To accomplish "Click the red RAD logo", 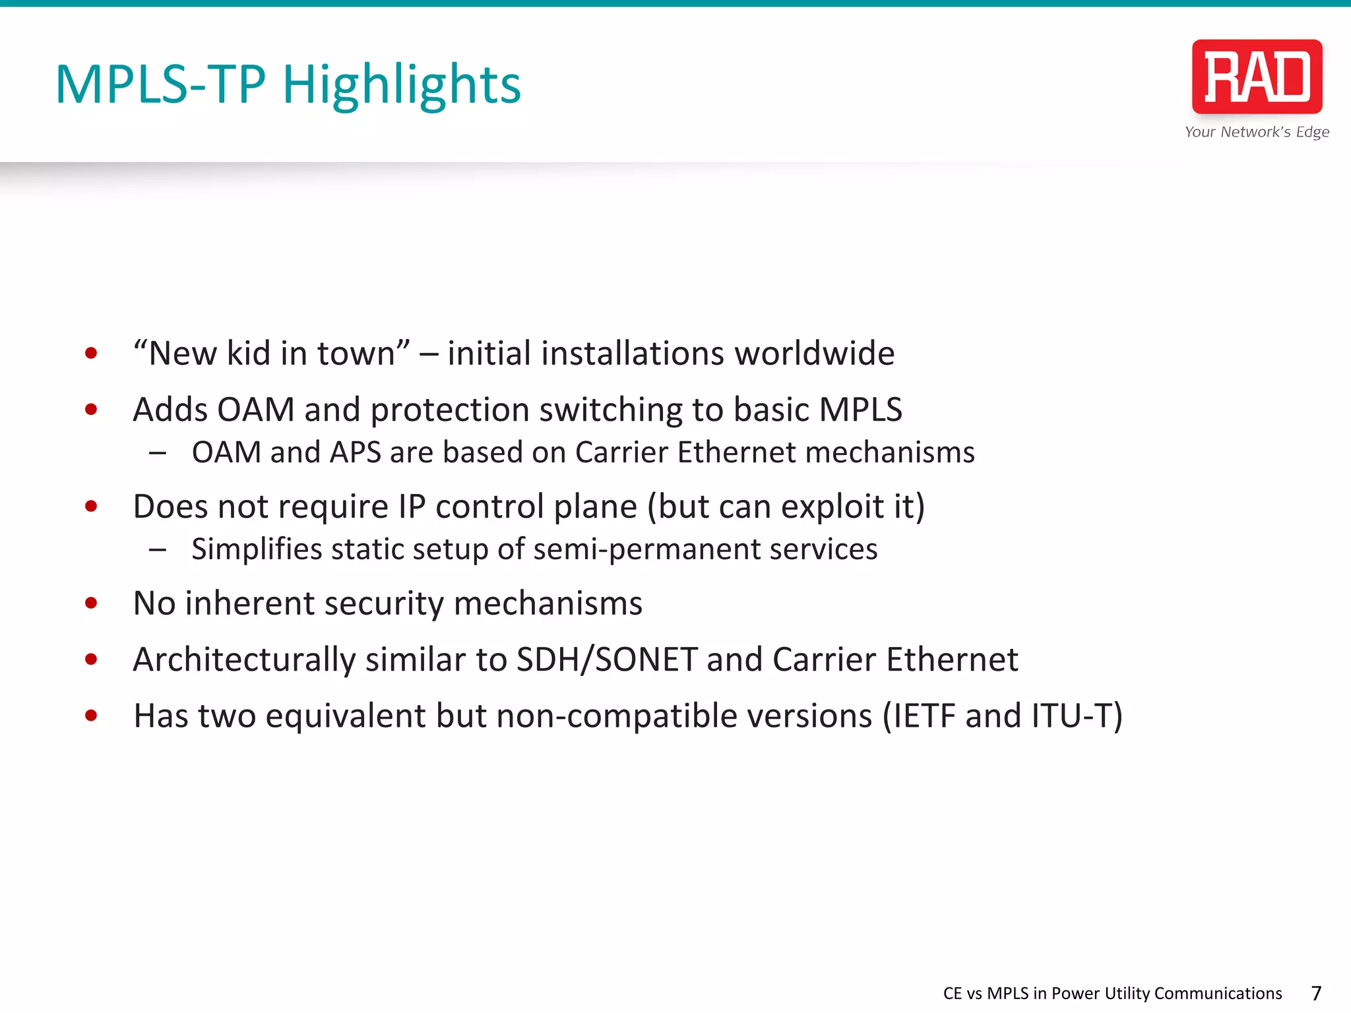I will click(1257, 77).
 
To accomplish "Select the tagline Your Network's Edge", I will click(1257, 132).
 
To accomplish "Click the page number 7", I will click(1316, 993).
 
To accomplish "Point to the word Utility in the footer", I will click(1125, 993).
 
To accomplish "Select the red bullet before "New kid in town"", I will click(92, 353).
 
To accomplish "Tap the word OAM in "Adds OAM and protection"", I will click(255, 410).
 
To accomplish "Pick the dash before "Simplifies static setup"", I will click(158, 549).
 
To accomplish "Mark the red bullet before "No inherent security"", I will click(92, 603).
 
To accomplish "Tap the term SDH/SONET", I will click(607, 660).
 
